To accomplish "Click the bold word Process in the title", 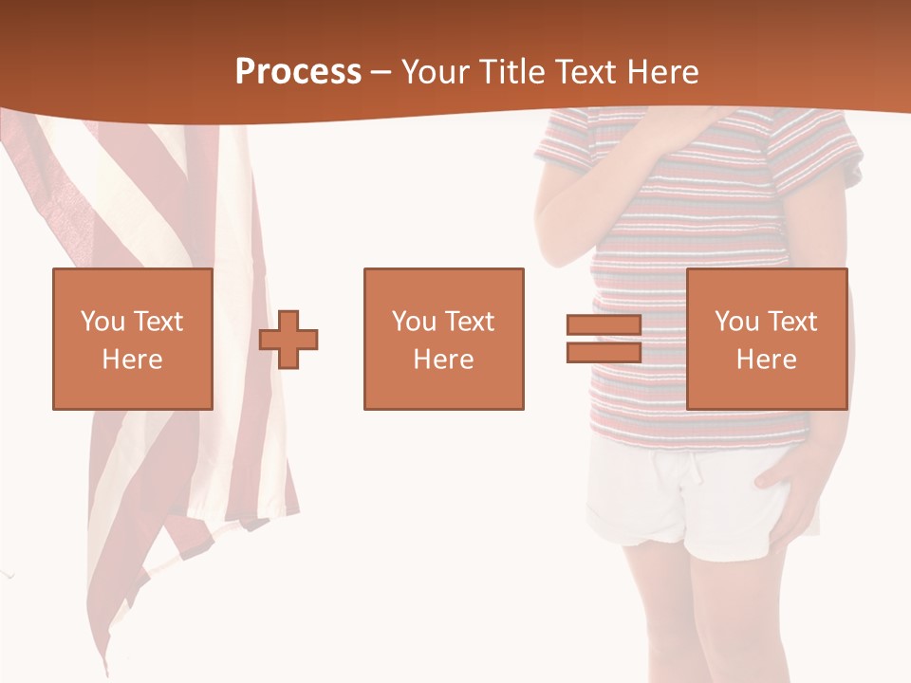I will coord(298,72).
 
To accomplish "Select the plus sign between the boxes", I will coord(288,340).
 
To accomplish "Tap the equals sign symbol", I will coord(604,340).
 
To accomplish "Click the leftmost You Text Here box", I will coord(133,340).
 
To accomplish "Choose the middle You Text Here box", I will coord(443,340).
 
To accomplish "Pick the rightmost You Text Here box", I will coord(766,340).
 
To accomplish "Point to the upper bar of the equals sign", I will coord(604,326).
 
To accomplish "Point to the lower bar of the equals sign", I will coord(604,353).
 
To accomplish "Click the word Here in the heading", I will coord(664,72).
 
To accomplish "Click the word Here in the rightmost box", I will coord(766,360).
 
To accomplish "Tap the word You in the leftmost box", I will coord(102,322).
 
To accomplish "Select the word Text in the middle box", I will coord(469,322).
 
